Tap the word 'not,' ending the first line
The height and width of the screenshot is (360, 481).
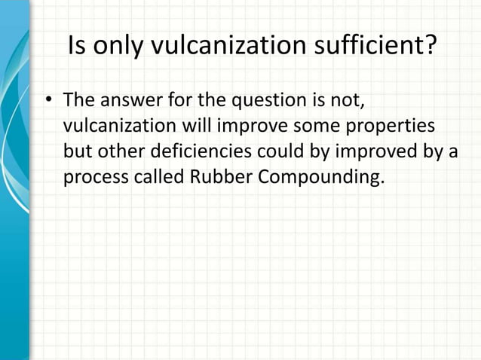point(347,100)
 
